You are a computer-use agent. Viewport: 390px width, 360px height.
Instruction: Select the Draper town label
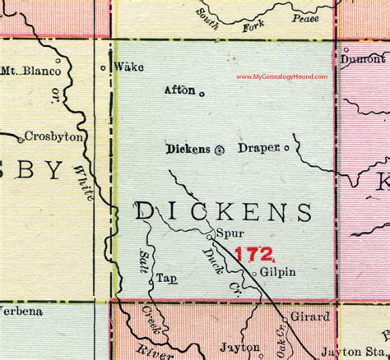258,149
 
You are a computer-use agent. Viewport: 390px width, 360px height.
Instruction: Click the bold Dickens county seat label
188,150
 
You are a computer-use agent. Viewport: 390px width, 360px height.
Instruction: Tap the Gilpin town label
280,271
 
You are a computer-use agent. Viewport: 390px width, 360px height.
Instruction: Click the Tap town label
166,278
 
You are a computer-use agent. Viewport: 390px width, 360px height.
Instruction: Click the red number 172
251,256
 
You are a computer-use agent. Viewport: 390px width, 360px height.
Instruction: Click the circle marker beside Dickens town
219,150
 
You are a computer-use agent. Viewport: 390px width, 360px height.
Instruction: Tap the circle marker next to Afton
202,93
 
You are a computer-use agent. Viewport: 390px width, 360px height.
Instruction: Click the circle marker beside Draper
287,150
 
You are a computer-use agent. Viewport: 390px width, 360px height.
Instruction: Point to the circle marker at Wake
103,67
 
